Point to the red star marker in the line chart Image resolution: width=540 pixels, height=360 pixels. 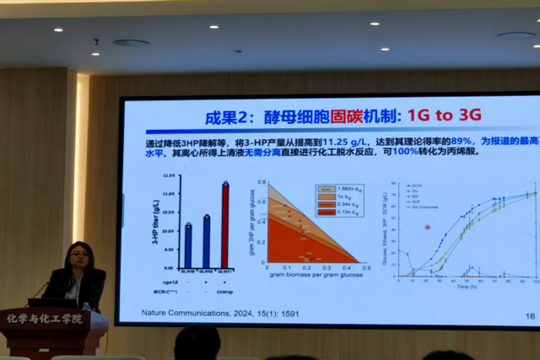click(x=428, y=227)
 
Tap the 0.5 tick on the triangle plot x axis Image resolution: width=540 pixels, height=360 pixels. click(x=365, y=268)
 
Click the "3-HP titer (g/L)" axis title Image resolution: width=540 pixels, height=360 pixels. click(x=156, y=221)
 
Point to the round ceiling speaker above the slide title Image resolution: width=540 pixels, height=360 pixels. click(x=131, y=43)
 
